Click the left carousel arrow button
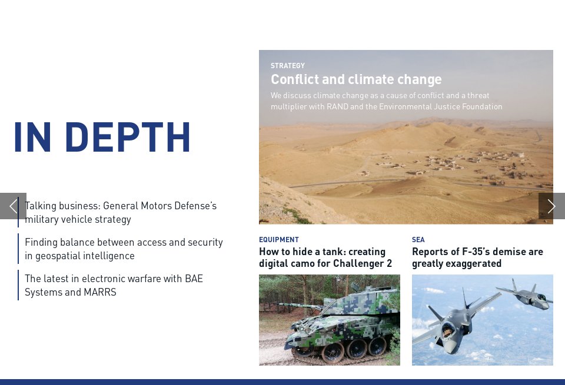point(13,206)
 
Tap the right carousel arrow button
point(551,206)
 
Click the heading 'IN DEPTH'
point(102,138)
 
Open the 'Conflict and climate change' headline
point(356,79)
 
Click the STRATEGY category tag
point(288,66)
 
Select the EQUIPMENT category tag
point(279,240)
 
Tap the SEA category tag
point(418,240)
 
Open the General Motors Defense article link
point(121,212)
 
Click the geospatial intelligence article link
point(124,249)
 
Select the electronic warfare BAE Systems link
point(114,285)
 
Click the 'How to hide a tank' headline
point(325,257)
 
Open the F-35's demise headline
point(477,257)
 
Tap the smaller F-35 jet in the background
point(527,295)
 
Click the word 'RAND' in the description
point(365,106)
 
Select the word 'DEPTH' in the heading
point(128,138)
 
